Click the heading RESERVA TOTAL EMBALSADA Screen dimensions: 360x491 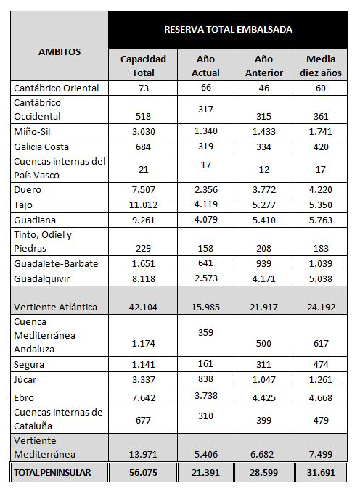tap(228, 30)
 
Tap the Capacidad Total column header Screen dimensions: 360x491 tap(143, 66)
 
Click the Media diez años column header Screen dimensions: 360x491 tap(321, 66)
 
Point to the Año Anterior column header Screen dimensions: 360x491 tap(264, 66)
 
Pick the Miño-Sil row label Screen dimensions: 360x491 tap(32, 131)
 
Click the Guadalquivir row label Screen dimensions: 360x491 tap(41, 278)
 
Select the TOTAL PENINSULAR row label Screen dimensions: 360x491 tap(52, 472)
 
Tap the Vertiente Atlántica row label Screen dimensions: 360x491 tap(55, 307)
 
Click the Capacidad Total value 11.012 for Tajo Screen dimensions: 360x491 tap(143, 205)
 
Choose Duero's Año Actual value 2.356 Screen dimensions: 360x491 tap(206, 189)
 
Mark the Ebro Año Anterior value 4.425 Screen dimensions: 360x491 tap(263, 397)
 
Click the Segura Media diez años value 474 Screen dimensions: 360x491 tap(321, 364)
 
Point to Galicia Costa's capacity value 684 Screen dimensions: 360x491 tap(143, 147)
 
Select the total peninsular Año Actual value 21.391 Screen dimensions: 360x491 tap(205, 472)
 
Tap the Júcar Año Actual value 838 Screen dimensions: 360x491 tap(205, 379)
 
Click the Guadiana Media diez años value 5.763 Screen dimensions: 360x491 tap(321, 220)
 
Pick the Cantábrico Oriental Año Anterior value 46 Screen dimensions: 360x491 tap(263, 88)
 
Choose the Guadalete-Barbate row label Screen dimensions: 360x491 tap(56, 263)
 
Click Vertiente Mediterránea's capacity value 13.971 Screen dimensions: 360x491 tap(143, 454)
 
